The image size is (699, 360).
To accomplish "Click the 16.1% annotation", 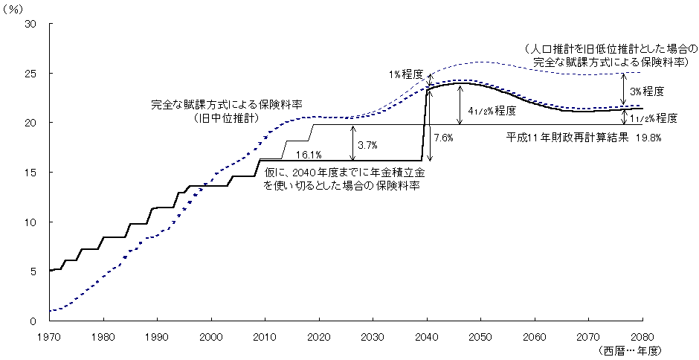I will pos(308,155).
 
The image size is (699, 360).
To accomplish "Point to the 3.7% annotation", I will pos(369,142).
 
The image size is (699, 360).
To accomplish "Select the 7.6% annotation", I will pos(444,138).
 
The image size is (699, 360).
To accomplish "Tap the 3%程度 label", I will pos(646,91).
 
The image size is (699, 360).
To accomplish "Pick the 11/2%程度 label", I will pos(652,118).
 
